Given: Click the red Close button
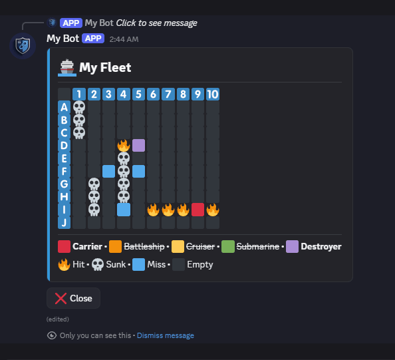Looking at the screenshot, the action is (x=73, y=298).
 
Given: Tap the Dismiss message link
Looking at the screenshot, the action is (x=166, y=335).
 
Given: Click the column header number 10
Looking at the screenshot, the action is (x=213, y=94).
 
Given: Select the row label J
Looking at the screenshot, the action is (x=64, y=223).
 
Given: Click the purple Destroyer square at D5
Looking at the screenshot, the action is (x=138, y=146).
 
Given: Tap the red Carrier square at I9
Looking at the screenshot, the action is (x=197, y=210).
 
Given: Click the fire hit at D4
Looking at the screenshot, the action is (x=124, y=145).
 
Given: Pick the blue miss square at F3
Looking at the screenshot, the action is (x=109, y=172).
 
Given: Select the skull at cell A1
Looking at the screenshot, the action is (x=79, y=107).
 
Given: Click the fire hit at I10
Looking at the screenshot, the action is (x=213, y=210).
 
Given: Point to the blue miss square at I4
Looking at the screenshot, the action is (x=124, y=210).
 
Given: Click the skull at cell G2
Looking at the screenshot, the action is (x=94, y=184).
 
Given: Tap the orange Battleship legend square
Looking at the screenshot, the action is (x=116, y=247).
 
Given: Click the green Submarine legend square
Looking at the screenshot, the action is (x=228, y=247).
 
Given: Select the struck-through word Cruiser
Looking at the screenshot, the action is (x=201, y=247).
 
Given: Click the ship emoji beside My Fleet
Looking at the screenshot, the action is (x=67, y=68).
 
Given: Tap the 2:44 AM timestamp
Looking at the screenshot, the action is (x=124, y=39).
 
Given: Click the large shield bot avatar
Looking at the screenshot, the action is (x=23, y=46).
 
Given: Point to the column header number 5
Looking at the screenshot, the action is (x=138, y=94).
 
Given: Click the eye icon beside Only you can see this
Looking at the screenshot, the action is (x=52, y=335).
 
